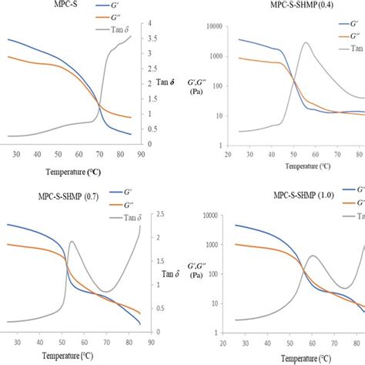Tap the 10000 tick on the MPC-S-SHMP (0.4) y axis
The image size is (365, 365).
[216, 26]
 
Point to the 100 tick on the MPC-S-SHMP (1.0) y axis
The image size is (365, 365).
[219, 295]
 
